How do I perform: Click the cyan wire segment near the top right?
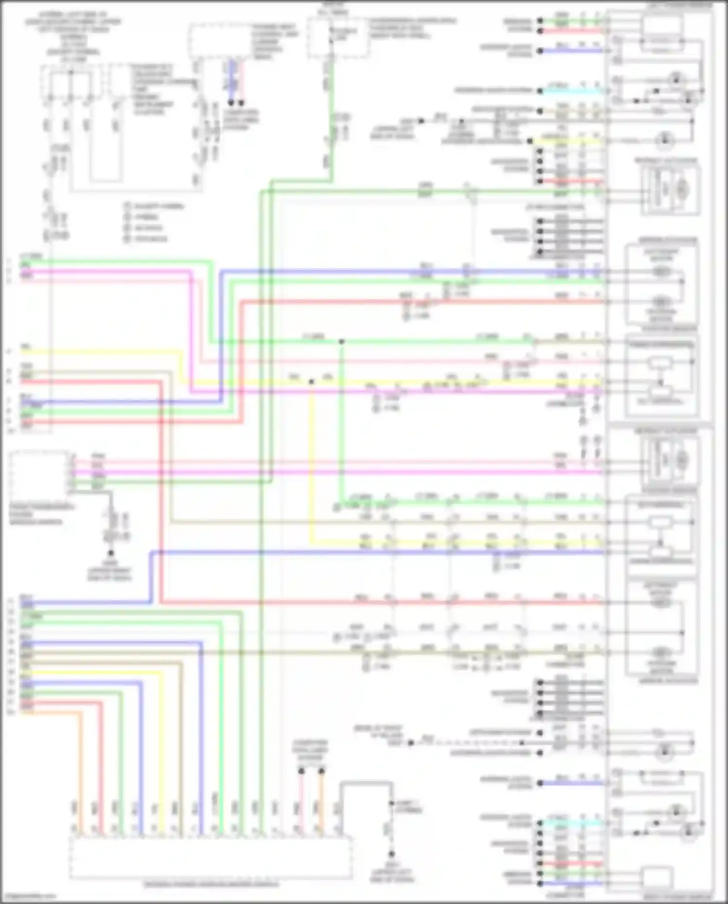(573, 91)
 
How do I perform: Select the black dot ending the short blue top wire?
(232, 102)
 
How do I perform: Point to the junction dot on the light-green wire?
(341, 342)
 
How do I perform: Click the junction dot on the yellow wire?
(311, 382)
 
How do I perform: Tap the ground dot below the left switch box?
(111, 553)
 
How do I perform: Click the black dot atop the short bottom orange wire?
(321, 771)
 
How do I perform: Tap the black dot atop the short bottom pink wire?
(301, 771)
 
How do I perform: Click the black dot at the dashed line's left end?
(411, 743)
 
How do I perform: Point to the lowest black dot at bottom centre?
(391, 853)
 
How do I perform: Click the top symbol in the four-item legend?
(127, 206)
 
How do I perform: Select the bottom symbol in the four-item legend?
(127, 239)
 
